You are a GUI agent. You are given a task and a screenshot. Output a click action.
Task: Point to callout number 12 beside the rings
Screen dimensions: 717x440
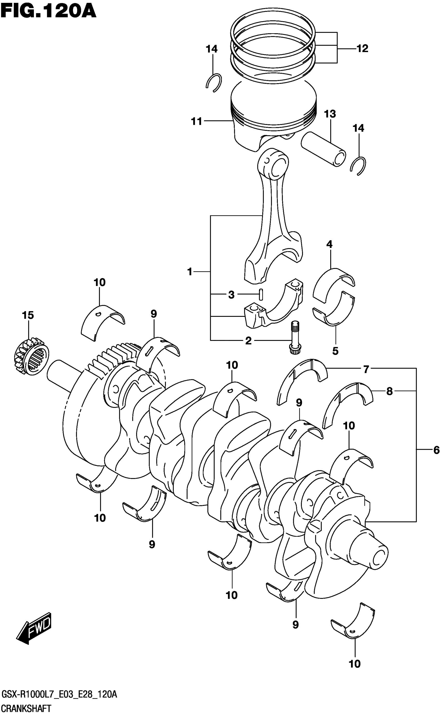tap(362, 48)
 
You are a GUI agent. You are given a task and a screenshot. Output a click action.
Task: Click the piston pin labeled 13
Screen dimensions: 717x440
tap(323, 148)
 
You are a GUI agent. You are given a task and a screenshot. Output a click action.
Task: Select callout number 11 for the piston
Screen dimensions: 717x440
tap(196, 121)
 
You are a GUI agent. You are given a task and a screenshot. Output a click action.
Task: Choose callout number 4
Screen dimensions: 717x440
tap(329, 244)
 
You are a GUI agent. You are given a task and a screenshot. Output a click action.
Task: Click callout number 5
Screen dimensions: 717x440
tap(335, 351)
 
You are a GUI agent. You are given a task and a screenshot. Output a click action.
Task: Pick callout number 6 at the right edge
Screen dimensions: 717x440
tap(436, 450)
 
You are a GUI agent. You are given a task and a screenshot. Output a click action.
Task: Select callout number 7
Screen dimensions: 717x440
tap(366, 369)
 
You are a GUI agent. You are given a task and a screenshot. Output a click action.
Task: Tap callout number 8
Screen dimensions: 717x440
tap(389, 391)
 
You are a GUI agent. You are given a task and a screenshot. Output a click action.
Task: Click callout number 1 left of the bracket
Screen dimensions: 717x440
tap(190, 272)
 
